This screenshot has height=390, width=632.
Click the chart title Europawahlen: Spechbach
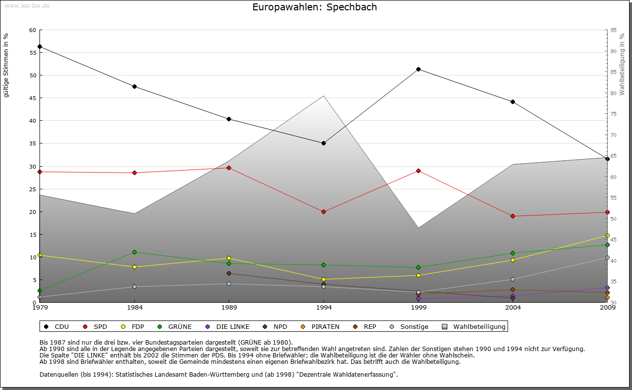[315, 7]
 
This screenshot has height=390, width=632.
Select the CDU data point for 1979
[39, 47]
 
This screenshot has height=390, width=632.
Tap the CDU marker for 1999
[418, 69]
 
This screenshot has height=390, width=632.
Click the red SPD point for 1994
[323, 212]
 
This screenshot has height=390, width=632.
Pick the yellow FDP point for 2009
[607, 235]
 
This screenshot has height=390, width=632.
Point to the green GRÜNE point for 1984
[134, 252]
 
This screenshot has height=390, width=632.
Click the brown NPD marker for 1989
[229, 273]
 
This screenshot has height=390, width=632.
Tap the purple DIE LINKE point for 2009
[607, 287]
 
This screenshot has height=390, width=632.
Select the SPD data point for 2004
[513, 216]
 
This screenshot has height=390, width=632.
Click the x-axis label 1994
[323, 308]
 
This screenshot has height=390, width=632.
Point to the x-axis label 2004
[513, 308]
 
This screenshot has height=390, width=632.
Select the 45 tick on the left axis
[33, 98]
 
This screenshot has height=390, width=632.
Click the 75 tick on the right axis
[613, 114]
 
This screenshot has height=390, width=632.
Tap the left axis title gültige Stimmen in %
[6, 66]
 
